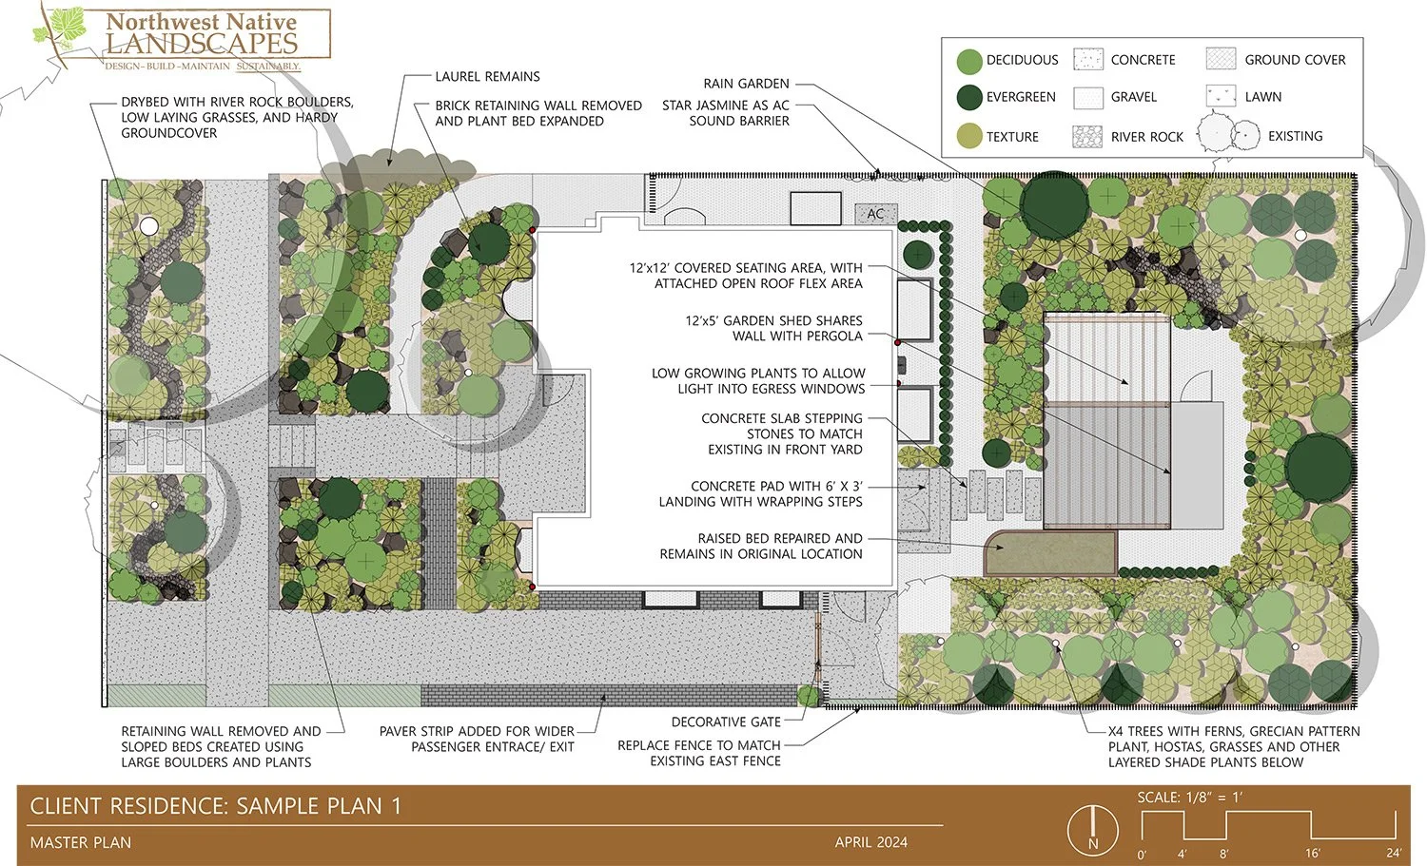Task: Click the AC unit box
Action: coord(875,214)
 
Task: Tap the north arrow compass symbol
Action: coord(1092,829)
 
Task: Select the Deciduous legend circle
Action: coord(968,61)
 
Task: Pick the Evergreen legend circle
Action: coord(968,97)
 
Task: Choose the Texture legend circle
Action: coord(968,136)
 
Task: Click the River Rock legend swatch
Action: coord(1087,136)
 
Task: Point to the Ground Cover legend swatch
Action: coord(1221,59)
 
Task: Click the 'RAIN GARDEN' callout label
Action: coord(746,84)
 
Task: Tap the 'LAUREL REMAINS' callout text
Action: coord(487,76)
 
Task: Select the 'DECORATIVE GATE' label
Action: coord(725,722)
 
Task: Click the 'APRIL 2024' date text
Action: coord(870,842)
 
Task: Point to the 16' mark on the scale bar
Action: coord(1312,853)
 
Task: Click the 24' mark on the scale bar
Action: coord(1393,853)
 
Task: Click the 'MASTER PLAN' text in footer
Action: coord(81,842)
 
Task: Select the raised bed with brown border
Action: coord(1050,553)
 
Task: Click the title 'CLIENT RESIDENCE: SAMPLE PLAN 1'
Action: coord(216,807)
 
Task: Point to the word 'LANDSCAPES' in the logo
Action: coord(202,44)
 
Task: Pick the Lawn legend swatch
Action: coord(1221,96)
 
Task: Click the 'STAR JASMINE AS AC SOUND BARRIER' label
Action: coord(725,113)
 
